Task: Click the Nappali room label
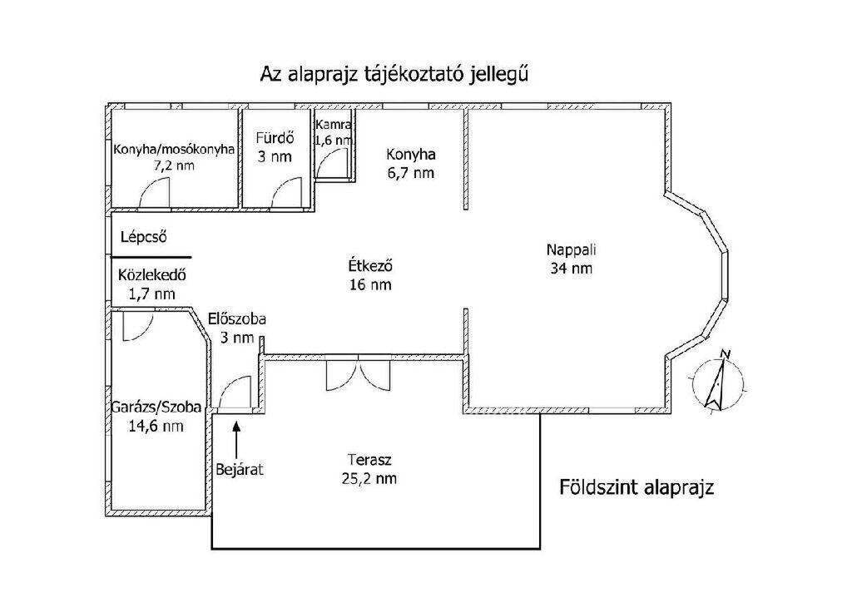pos(571,249)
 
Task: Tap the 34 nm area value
pos(571,269)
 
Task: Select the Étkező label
pos(370,266)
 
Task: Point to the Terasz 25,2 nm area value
pos(369,479)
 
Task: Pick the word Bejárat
pos(240,469)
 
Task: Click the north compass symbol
pos(718,380)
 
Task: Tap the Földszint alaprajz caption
pos(637,487)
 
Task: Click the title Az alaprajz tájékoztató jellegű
pos(394,74)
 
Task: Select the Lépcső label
pos(143,237)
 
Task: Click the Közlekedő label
pos(151,274)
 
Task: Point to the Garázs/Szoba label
pos(156,407)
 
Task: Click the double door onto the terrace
pos(358,375)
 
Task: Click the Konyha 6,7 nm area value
pos(410,173)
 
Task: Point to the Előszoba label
pos(237,318)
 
